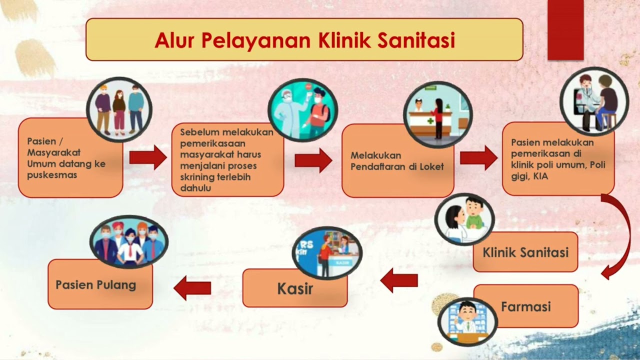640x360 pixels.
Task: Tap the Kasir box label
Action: tap(295, 288)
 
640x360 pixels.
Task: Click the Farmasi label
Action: tap(525, 306)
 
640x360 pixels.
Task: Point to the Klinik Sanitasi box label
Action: tap(525, 252)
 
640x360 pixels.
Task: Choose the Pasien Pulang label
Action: tap(95, 285)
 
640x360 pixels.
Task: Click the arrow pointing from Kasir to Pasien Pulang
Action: tap(192, 288)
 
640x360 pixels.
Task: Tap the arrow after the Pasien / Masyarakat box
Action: tap(148, 157)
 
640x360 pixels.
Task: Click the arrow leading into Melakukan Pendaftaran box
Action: tap(313, 160)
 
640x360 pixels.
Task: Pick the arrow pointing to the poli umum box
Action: tap(478, 157)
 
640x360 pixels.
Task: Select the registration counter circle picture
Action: tap(438, 114)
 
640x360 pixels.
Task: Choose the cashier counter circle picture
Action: tap(326, 252)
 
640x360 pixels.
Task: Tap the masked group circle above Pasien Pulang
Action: tap(129, 242)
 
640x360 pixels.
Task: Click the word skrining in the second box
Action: tap(198, 177)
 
